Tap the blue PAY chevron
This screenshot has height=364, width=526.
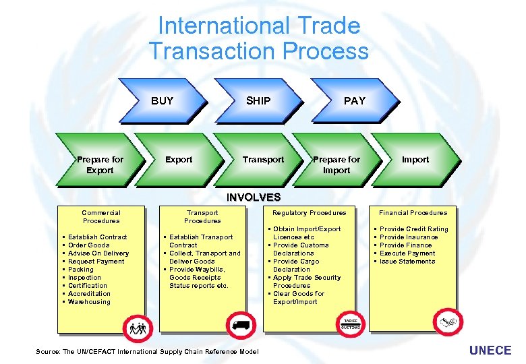point(354,101)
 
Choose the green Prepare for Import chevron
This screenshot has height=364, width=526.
point(337,164)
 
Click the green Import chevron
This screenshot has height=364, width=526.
point(415,160)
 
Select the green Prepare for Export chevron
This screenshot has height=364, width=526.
point(100,164)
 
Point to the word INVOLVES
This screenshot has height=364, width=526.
point(254,198)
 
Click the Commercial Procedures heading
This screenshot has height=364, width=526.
point(101,216)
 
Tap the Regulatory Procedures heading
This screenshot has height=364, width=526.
point(309,213)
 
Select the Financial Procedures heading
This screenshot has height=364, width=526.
point(413,213)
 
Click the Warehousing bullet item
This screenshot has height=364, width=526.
point(89,302)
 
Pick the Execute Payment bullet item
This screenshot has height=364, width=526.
point(407,253)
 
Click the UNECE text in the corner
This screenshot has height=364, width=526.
point(490,351)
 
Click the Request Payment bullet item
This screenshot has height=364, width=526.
point(96,262)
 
